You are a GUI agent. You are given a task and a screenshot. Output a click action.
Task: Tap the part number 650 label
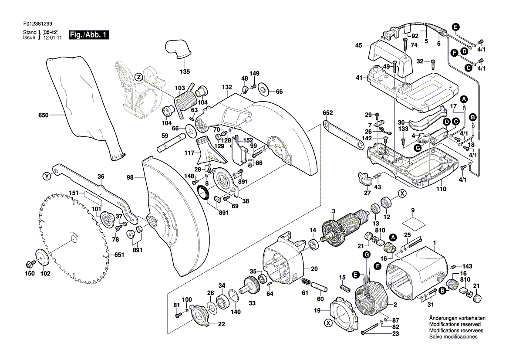pos(44,115)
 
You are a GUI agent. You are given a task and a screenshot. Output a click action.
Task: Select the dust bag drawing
pos(83,105)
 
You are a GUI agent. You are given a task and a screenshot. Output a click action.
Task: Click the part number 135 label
pos(185,72)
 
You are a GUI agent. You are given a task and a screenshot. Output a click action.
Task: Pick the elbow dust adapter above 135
pos(178,48)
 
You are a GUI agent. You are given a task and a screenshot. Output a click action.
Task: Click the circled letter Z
pos(138,77)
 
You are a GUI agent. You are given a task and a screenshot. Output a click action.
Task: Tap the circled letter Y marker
pos(47,177)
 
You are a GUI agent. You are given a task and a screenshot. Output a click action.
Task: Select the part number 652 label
pos(327,113)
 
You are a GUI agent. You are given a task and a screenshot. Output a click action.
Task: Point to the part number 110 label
pos(442,190)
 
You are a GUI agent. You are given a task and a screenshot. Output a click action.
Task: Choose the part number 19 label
pos(317,311)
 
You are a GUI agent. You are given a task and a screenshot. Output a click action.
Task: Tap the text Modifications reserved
pos(455,325)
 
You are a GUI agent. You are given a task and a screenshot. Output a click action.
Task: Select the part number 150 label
pos(29,274)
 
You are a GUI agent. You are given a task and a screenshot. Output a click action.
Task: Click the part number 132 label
pos(227,88)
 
